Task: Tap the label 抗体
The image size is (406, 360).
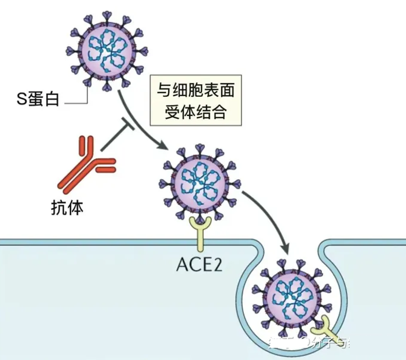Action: point(67,207)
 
